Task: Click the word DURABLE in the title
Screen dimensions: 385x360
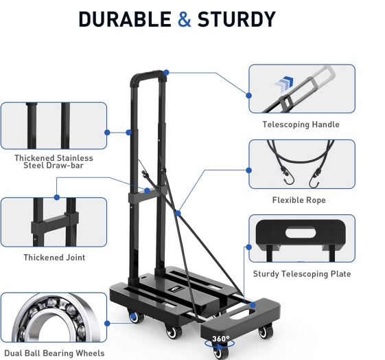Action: pyautogui.click(x=125, y=19)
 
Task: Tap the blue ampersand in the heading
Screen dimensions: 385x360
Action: pyautogui.click(x=184, y=19)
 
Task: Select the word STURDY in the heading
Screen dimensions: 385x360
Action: pyautogui.click(x=237, y=19)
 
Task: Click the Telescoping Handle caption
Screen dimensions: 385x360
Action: pyautogui.click(x=301, y=124)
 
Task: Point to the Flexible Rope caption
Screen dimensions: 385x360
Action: pyautogui.click(x=299, y=200)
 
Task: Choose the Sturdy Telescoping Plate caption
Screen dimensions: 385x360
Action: pyautogui.click(x=302, y=273)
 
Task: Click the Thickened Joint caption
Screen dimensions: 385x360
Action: pyautogui.click(x=54, y=257)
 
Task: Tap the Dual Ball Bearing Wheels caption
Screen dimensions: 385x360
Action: pyautogui.click(x=54, y=353)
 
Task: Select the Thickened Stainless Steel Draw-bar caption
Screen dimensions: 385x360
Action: pyautogui.click(x=54, y=161)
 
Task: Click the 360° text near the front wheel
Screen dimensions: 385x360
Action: pyautogui.click(x=221, y=339)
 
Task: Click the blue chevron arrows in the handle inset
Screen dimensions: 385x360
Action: pyautogui.click(x=284, y=85)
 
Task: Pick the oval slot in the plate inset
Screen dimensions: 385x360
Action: pyautogui.click(x=301, y=233)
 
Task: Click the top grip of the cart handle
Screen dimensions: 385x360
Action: pyautogui.click(x=148, y=74)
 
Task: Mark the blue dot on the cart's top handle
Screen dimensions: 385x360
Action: pyautogui.click(x=166, y=73)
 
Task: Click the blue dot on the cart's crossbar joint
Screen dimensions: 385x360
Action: pyautogui.click(x=147, y=191)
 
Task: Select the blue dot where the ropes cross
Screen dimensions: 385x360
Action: pyautogui.click(x=178, y=213)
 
